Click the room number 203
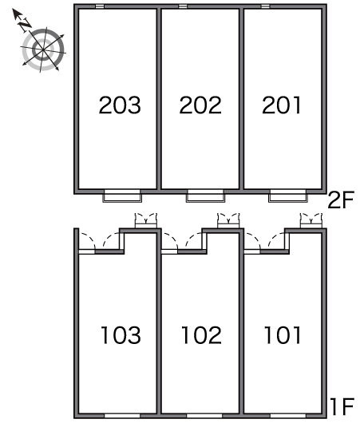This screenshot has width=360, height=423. coord(120,105)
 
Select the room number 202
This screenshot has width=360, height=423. coord(200,105)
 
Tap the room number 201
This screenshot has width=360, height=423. coord(281,105)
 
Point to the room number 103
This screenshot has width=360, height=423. coord(121,334)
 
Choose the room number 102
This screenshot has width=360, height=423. coord(201,334)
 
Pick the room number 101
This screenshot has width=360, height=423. coord(283,334)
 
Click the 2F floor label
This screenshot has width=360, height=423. coord(341,200)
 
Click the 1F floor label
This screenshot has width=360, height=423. coord(342,406)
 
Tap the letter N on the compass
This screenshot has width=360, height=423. coord(25,24)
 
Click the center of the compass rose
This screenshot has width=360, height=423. coord(43,50)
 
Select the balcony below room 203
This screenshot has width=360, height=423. coord(122,196)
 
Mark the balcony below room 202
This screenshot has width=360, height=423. coord(205,196)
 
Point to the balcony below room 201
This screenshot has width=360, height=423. coord(288,196)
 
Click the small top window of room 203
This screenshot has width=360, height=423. coord(100,6)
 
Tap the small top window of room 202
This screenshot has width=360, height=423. coord(183,6)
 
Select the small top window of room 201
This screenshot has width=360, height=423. coord(266,6)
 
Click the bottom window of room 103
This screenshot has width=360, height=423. coord(122,416)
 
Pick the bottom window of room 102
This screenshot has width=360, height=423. coord(204,416)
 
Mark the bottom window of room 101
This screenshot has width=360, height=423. coord(288,416)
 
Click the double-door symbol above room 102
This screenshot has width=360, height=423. coord(228,220)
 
